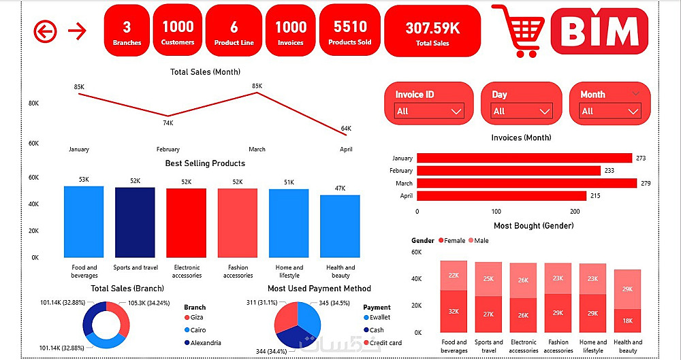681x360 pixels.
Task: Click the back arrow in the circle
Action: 46,31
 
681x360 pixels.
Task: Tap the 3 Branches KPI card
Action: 127,31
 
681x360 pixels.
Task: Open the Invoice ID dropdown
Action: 429,111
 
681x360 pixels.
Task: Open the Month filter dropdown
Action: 610,111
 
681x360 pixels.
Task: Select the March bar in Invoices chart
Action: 526,183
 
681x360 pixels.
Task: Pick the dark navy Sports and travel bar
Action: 135,222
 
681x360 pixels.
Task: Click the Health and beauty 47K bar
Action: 340,226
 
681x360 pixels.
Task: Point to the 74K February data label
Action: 168,123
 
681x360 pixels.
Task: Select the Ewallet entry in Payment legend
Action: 379,317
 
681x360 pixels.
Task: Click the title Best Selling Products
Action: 205,163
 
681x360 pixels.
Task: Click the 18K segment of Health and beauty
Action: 627,321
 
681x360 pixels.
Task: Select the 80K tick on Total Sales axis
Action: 33,103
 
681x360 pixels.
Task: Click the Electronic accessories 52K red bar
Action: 187,223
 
